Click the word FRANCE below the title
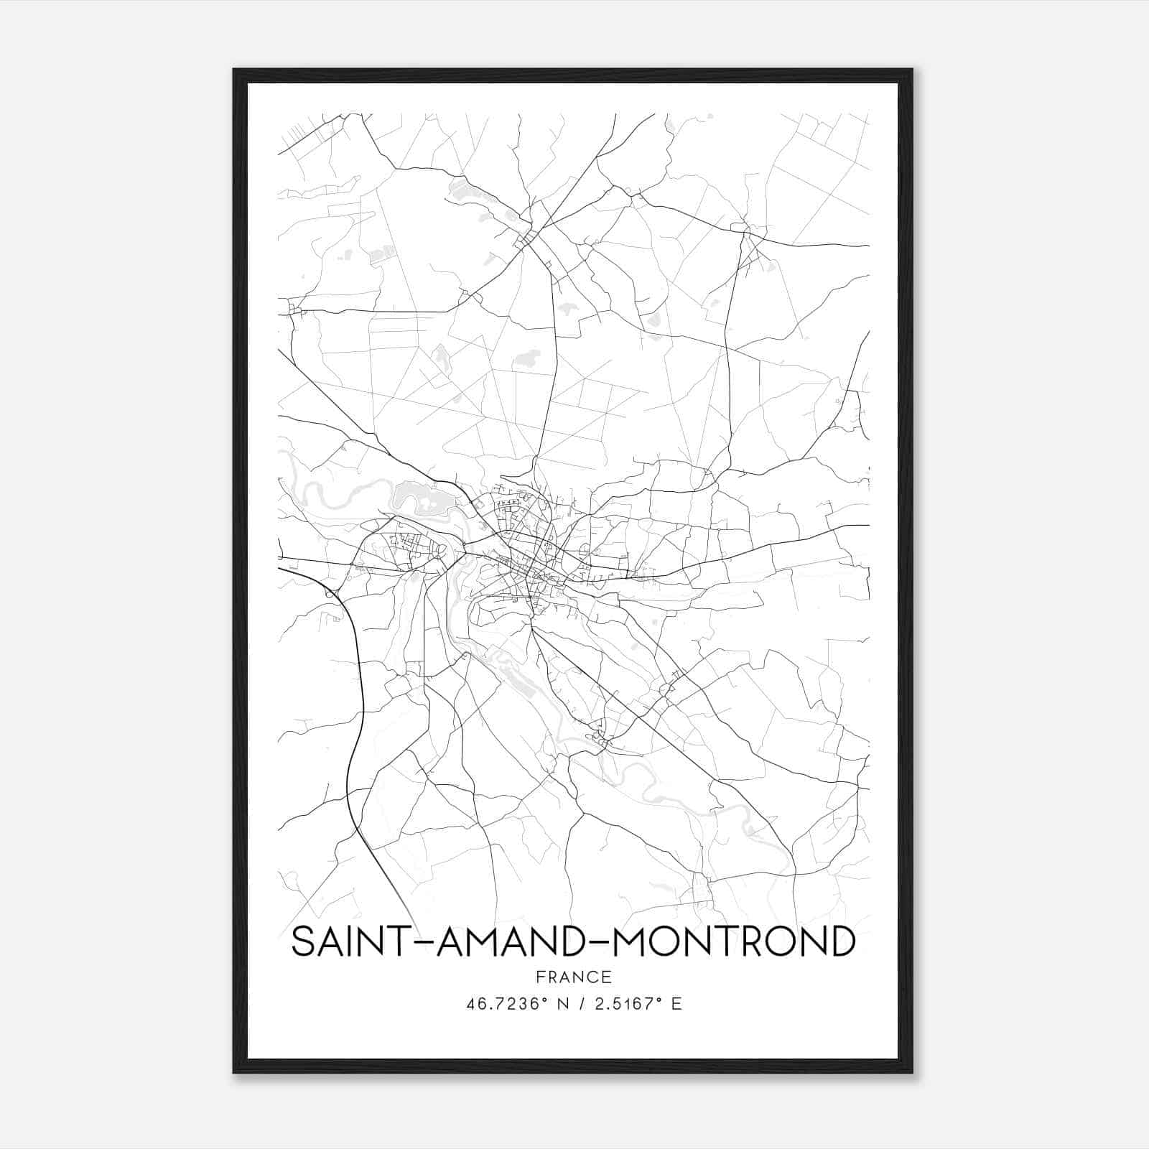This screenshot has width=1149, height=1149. click(x=573, y=977)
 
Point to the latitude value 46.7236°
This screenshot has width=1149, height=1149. click(x=508, y=1004)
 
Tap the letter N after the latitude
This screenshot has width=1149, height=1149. click(x=562, y=1004)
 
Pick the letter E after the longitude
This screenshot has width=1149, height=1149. click(x=676, y=1004)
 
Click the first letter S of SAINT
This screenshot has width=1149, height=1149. click(x=304, y=941)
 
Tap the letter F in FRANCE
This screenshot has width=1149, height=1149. click(x=539, y=977)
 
